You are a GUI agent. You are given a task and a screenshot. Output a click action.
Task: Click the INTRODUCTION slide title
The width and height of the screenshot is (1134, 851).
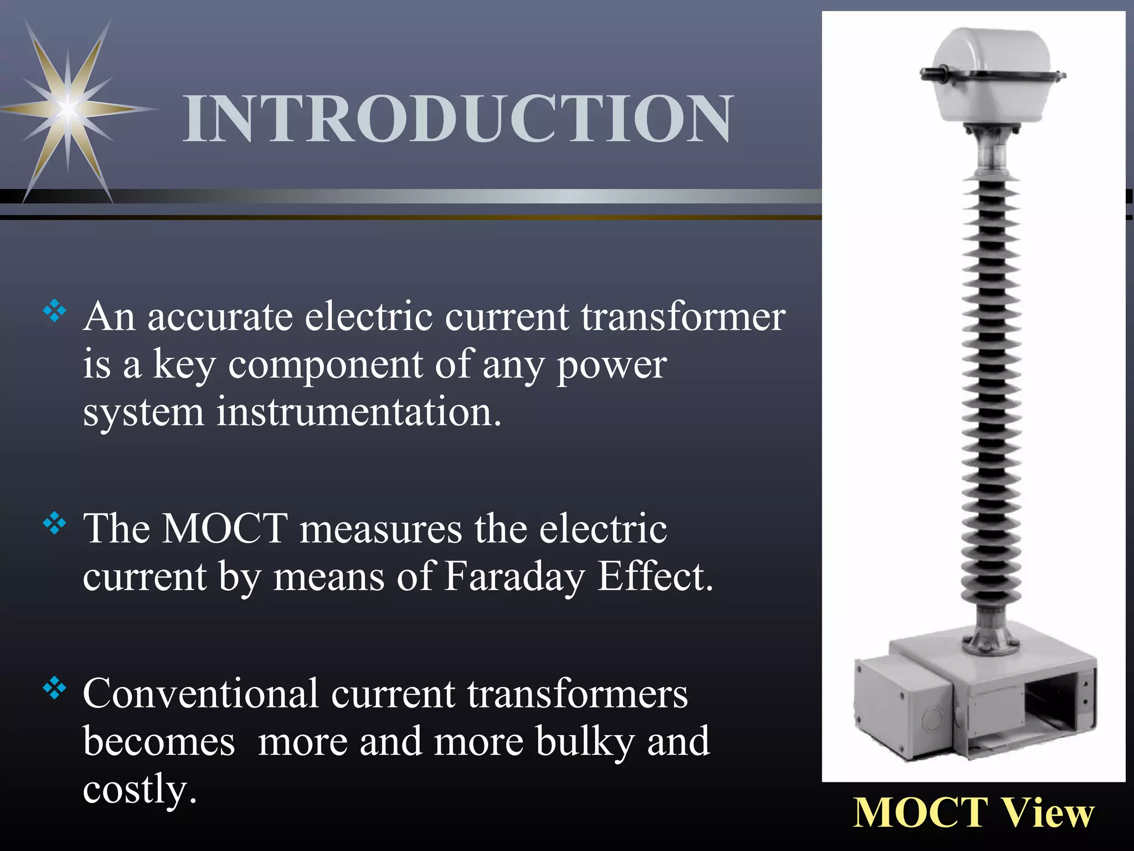(x=458, y=118)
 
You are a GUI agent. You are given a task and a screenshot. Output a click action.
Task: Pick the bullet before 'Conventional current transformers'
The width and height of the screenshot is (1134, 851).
(x=55, y=689)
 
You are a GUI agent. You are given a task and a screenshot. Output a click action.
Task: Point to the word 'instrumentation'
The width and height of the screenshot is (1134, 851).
(x=358, y=413)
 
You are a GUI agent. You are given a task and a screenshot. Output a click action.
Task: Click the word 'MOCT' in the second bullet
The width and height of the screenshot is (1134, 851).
(x=224, y=529)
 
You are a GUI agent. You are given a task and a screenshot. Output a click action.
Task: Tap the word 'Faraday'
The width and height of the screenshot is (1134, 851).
(x=514, y=577)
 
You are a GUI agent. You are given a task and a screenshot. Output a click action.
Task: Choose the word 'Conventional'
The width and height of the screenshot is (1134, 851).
(x=200, y=694)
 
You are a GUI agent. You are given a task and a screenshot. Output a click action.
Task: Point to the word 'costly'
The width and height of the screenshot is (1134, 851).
(x=139, y=790)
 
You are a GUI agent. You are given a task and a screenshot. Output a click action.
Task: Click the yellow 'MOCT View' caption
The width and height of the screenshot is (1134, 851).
(x=974, y=813)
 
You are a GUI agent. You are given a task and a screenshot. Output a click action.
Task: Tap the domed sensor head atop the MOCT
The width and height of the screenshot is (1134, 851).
(x=991, y=72)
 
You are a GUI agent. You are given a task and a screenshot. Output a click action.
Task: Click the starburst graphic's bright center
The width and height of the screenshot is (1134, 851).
(x=68, y=107)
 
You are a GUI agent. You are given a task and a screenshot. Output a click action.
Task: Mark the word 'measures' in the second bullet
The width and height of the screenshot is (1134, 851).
(x=380, y=529)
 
